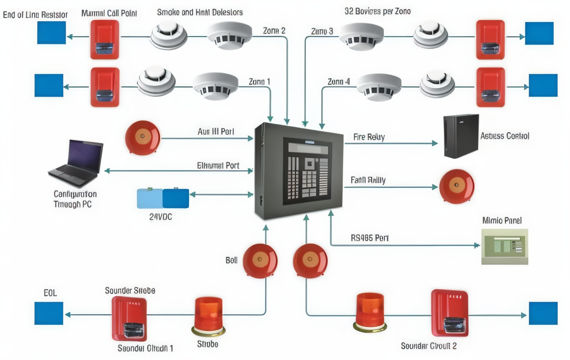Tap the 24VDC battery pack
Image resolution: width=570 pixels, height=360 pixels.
coord(163,198)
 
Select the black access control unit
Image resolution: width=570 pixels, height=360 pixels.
coord(461,136)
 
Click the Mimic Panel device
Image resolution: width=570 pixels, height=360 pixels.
coord(504,246)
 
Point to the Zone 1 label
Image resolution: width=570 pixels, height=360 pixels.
coord(259,82)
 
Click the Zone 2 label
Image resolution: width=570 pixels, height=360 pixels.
coord(274,31)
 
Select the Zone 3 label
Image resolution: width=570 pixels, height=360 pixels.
coord(322,31)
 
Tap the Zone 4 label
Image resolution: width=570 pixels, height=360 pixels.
coord(338,82)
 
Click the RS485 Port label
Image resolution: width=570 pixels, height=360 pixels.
coord(369,238)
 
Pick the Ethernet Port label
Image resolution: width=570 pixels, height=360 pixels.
coord(218,165)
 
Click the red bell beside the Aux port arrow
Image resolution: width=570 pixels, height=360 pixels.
coord(142,137)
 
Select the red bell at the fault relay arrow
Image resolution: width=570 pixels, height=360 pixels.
coord(457,186)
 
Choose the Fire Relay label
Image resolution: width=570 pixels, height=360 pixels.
coord(369,137)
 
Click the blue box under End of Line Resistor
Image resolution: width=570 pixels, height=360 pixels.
coord(52,32)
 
